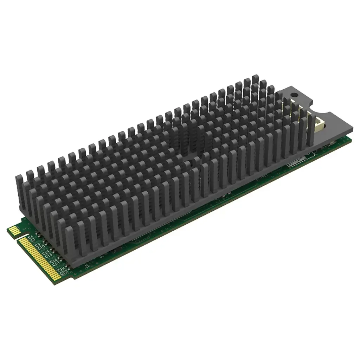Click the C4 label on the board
click(x=31, y=237)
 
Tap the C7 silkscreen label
click(x=33, y=240)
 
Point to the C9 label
click(x=38, y=245)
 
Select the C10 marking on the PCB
click(x=41, y=247)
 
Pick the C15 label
click(x=49, y=255)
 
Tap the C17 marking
click(x=56, y=263)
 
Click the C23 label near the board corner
click(x=64, y=272)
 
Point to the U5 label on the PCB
click(x=88, y=266)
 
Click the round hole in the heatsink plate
click(x=294, y=95)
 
